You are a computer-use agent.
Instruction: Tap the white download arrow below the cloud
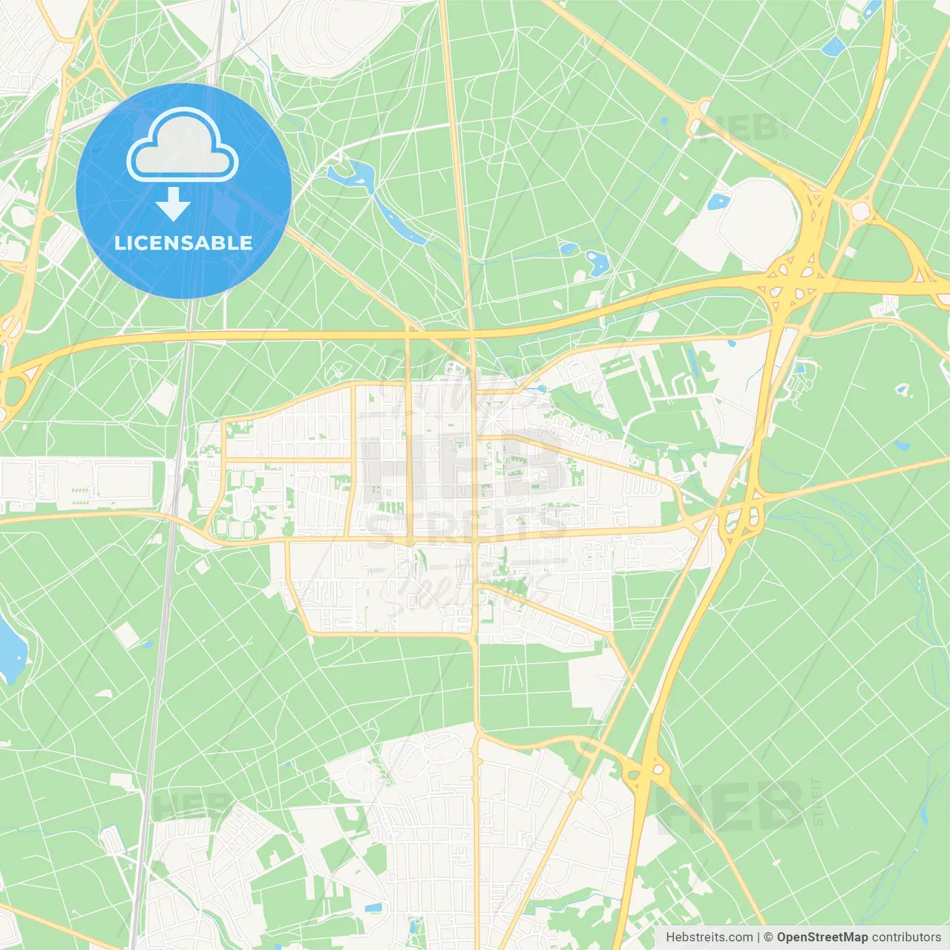[173, 203]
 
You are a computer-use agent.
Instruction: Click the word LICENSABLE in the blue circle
[183, 243]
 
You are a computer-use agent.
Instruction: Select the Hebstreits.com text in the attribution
[709, 937]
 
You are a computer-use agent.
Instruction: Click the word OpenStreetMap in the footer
[822, 937]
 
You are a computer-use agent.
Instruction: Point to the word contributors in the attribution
[906, 937]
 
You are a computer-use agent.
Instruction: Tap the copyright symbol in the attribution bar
[768, 937]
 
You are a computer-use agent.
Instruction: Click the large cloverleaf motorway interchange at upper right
[794, 278]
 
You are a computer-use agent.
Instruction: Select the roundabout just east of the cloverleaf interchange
[860, 211]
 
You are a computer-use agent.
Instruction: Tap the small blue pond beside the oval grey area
[718, 201]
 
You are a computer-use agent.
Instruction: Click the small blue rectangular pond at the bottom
[373, 908]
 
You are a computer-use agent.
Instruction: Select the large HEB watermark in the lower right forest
[731, 805]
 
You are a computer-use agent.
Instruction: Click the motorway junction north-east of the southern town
[644, 772]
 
